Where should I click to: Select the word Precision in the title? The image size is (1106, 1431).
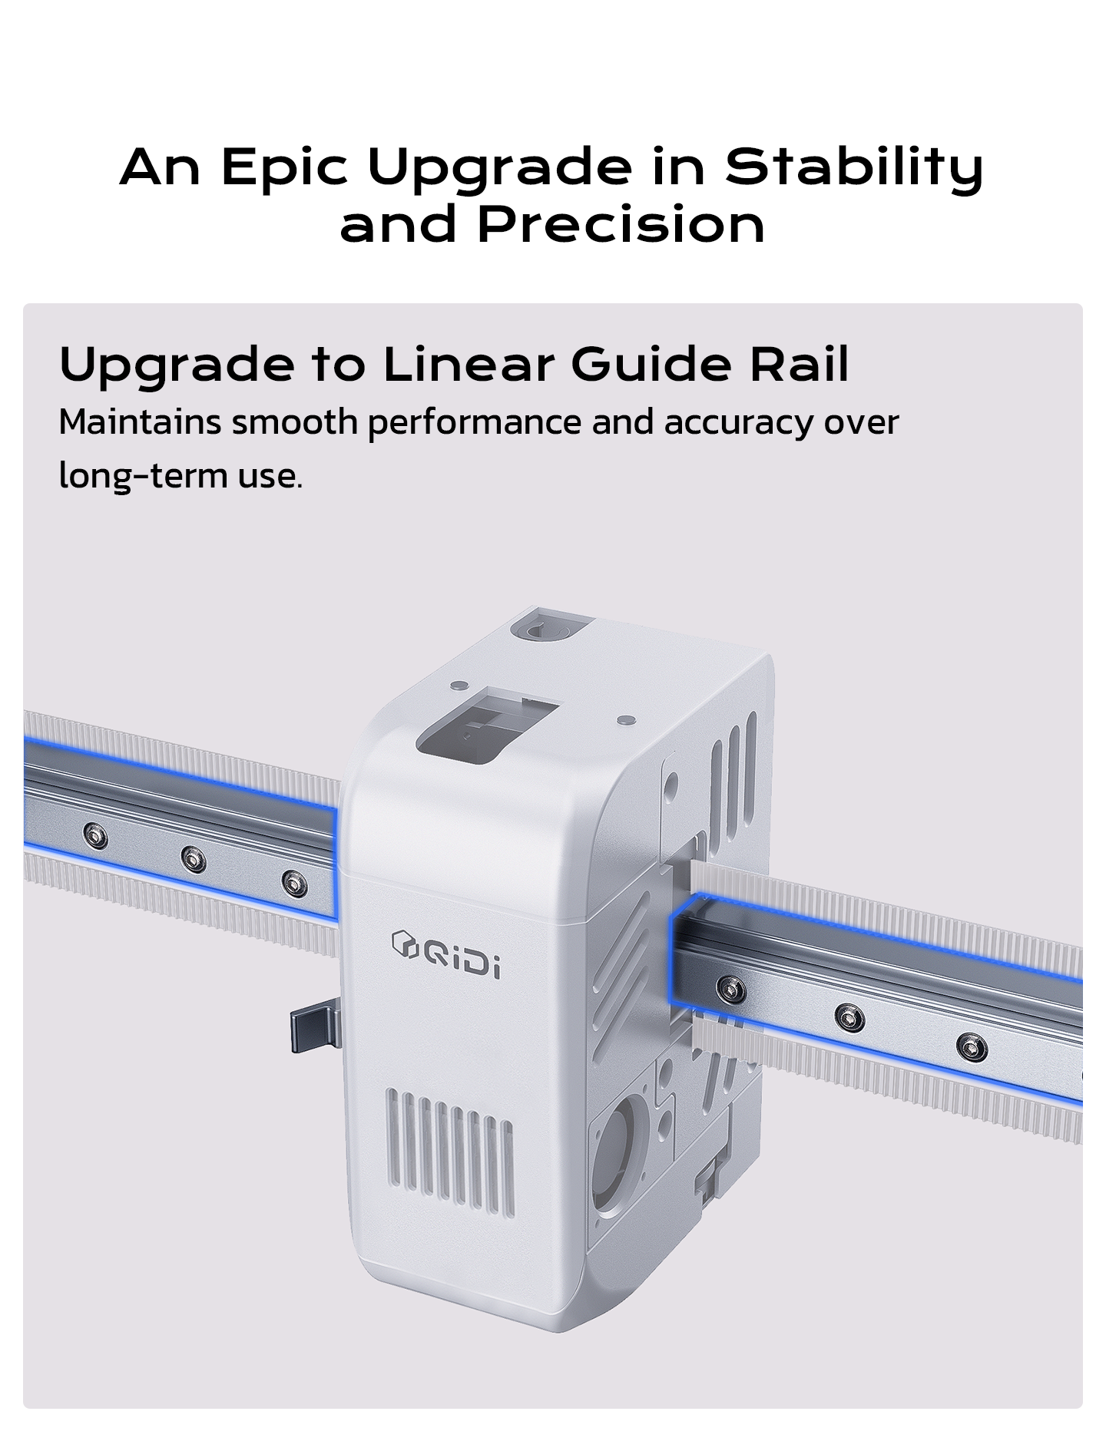tap(621, 225)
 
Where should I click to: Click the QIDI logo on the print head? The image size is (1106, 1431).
tap(445, 955)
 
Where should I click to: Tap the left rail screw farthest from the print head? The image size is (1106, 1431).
tap(95, 835)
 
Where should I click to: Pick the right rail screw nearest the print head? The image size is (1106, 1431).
tap(730, 988)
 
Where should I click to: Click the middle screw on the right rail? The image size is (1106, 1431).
tap(849, 1019)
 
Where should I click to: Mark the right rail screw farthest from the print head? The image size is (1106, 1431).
tap(971, 1046)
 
